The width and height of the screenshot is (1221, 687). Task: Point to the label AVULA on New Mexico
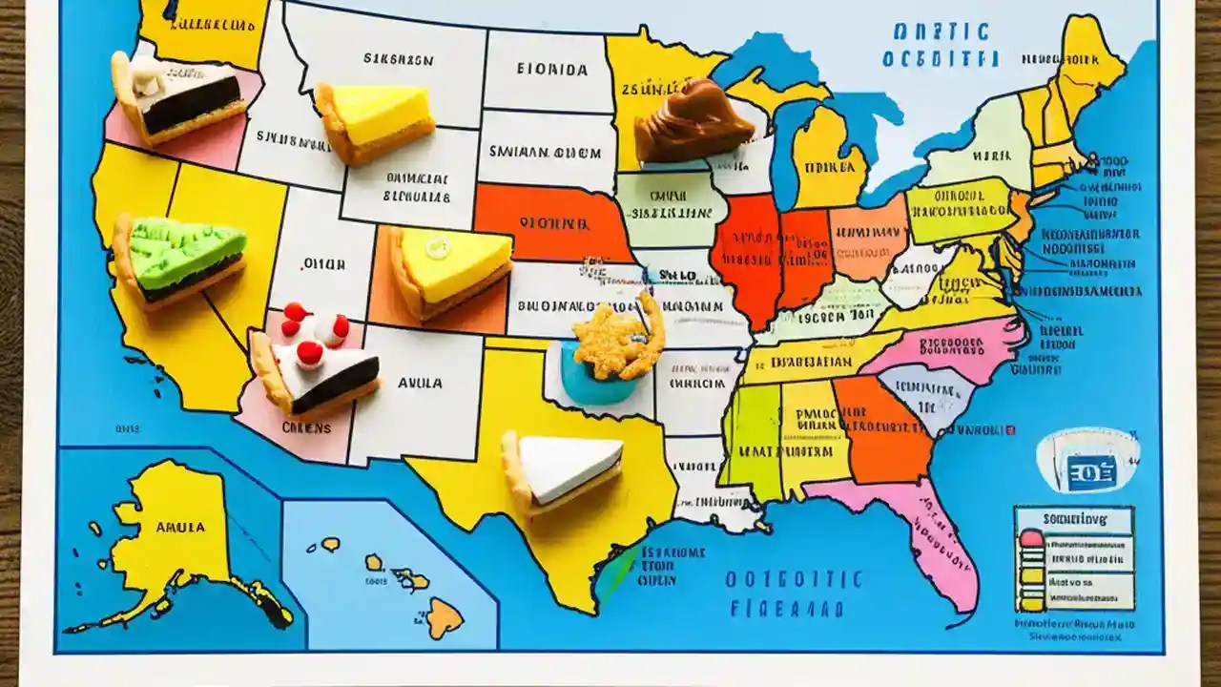click(x=419, y=384)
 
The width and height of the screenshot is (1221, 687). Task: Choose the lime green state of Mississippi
click(x=752, y=439)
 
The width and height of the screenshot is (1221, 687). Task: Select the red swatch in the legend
click(x=1031, y=539)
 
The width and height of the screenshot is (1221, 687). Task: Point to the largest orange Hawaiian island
click(x=444, y=617)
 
